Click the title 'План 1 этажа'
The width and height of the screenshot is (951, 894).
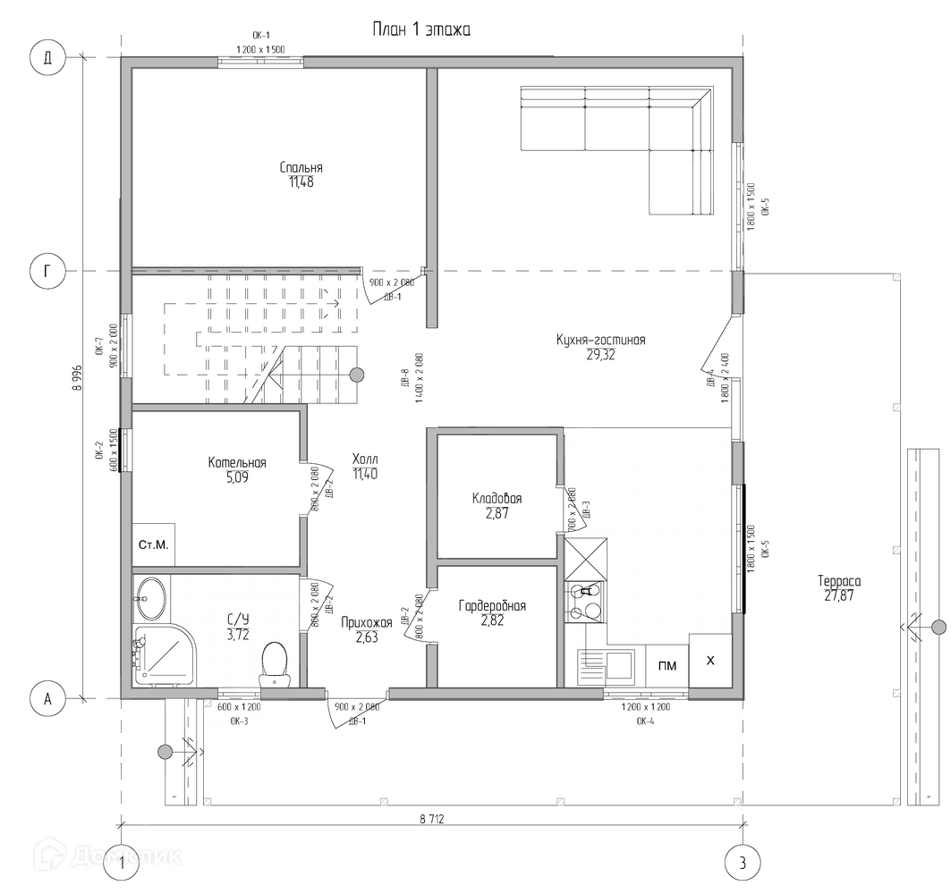[421, 30]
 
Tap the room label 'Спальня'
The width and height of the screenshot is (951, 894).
[301, 167]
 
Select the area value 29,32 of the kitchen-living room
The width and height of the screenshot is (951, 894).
[600, 355]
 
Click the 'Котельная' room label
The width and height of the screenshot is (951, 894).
[237, 462]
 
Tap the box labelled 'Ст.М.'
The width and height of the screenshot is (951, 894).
[153, 544]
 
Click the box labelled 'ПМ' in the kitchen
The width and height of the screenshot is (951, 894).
[667, 665]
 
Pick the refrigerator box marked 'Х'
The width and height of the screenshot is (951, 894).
[711, 661]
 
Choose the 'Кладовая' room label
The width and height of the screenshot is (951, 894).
[497, 499]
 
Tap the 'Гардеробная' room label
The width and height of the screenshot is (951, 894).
[492, 606]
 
